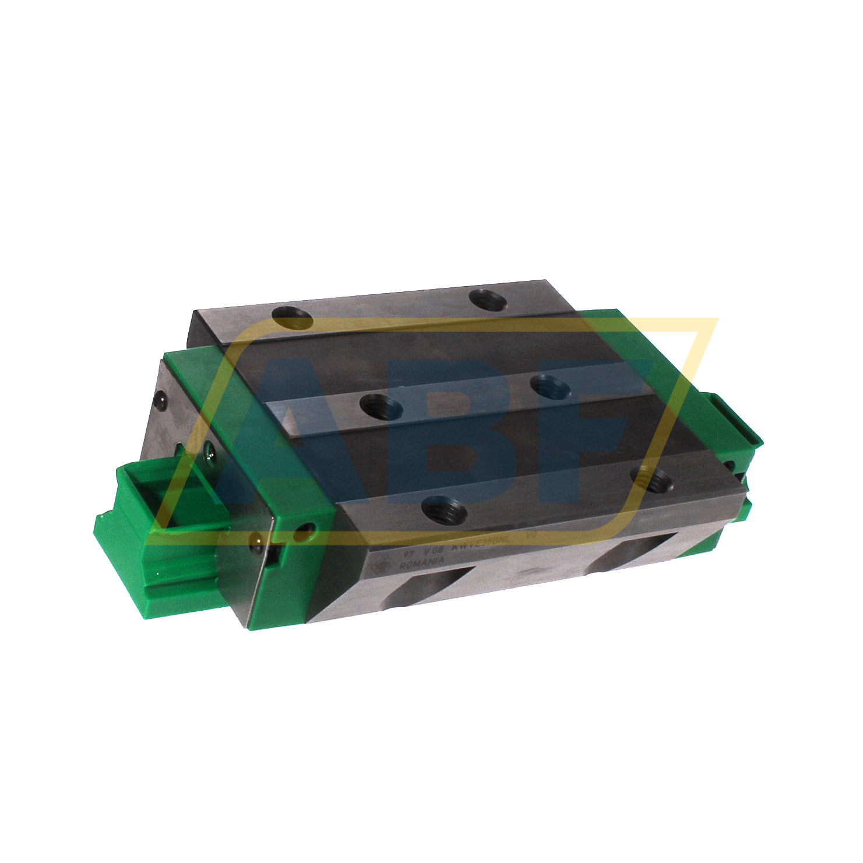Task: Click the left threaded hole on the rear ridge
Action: (x=293, y=319)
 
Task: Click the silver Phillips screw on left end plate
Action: (x=209, y=449)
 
